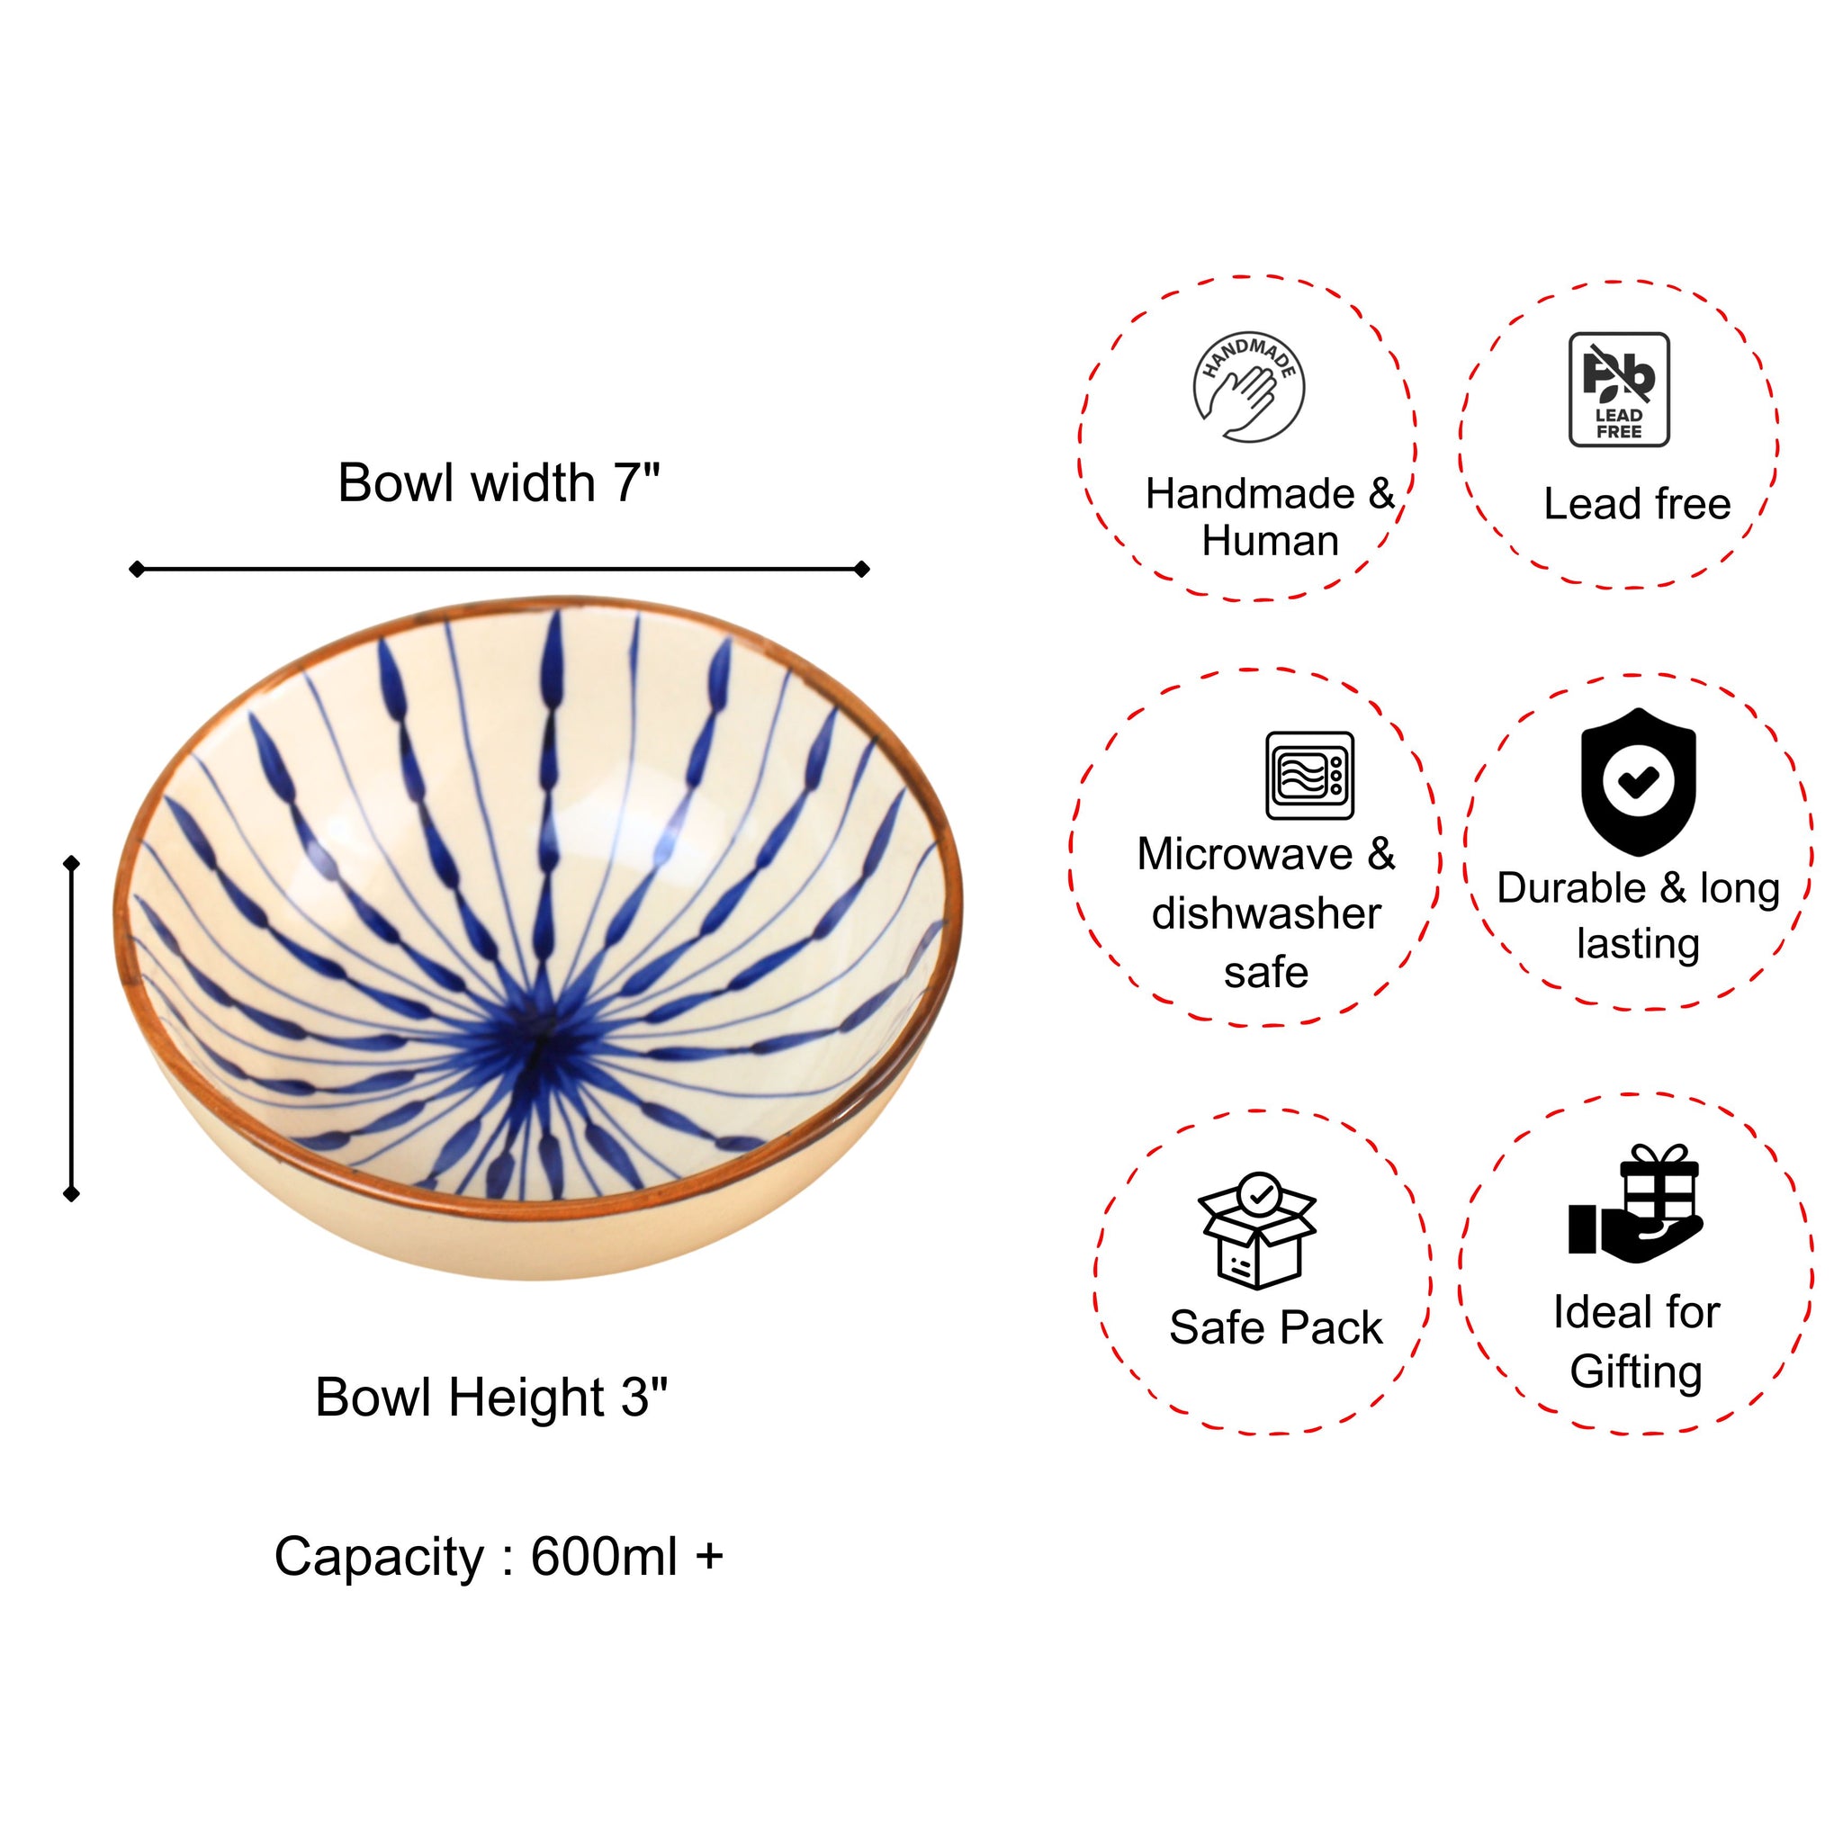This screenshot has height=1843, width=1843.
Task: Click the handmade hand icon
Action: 1249,388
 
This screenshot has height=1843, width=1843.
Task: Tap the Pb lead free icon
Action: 1619,389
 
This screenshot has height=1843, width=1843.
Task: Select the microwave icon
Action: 1309,776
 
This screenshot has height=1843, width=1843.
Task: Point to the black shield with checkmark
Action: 1638,781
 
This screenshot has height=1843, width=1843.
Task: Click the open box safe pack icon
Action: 1257,1230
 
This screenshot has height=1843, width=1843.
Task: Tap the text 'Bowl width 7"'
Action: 499,482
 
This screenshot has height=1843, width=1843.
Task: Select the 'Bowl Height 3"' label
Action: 491,1398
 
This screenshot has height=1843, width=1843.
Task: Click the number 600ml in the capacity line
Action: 603,1557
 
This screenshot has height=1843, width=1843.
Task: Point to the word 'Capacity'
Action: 379,1557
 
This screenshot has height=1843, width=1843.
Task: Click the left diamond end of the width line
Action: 138,570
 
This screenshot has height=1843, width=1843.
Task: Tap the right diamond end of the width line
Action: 861,570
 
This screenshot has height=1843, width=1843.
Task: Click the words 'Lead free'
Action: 1637,504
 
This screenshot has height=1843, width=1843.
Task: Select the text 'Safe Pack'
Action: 1275,1328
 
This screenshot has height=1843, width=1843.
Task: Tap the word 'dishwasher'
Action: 1266,914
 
